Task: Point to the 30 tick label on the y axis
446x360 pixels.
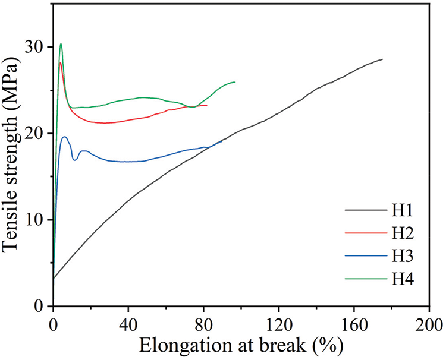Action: (34, 46)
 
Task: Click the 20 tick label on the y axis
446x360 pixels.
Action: (34, 133)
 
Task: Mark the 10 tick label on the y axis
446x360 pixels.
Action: (34, 220)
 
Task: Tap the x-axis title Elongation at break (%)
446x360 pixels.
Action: (241, 345)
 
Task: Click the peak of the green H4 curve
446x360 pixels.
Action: (61, 43)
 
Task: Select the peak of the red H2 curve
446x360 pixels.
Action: (61, 62)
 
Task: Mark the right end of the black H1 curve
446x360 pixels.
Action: (382, 59)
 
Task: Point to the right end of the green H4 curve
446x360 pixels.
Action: (235, 82)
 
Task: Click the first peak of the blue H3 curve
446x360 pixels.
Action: (64, 137)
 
